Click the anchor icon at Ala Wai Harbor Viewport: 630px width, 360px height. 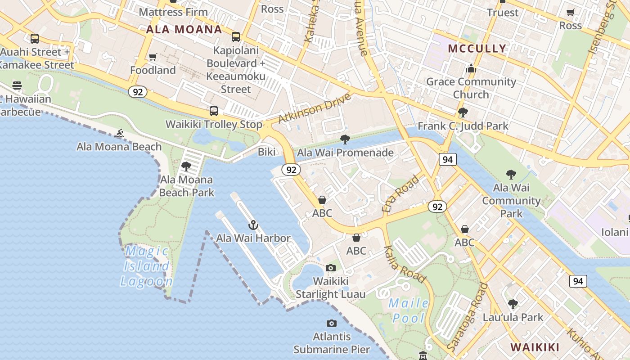(x=253, y=225)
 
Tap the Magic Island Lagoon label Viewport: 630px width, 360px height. (x=146, y=266)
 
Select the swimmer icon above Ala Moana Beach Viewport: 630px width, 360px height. (x=119, y=133)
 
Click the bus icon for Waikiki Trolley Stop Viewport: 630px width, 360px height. (x=214, y=111)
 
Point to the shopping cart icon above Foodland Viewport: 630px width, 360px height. (x=153, y=57)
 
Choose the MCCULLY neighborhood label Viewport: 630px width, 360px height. (x=477, y=49)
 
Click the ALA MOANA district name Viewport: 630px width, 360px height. (x=184, y=30)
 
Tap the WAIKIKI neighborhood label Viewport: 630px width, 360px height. (x=535, y=347)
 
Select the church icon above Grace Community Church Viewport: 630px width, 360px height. (x=471, y=68)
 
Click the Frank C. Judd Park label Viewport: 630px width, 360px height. (x=463, y=126)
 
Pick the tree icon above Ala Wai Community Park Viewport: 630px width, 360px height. (x=511, y=175)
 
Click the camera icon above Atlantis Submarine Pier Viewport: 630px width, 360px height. (x=332, y=323)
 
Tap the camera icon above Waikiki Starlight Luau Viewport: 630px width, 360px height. (x=331, y=268)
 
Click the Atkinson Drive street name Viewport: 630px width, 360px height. (x=314, y=108)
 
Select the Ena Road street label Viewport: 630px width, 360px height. (x=400, y=194)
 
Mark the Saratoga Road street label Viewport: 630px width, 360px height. (x=468, y=318)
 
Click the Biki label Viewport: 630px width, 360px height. (x=266, y=152)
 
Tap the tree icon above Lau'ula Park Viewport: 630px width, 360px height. (x=513, y=304)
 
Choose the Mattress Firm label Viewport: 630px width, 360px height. (x=173, y=12)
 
